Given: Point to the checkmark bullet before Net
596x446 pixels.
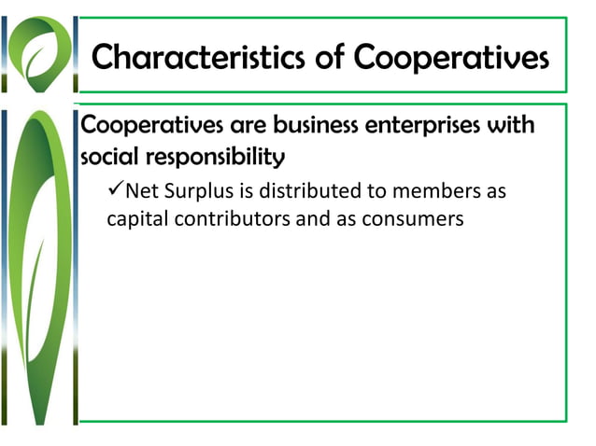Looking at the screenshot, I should pos(115,191).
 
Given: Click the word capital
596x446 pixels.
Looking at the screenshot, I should pos(139,221).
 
